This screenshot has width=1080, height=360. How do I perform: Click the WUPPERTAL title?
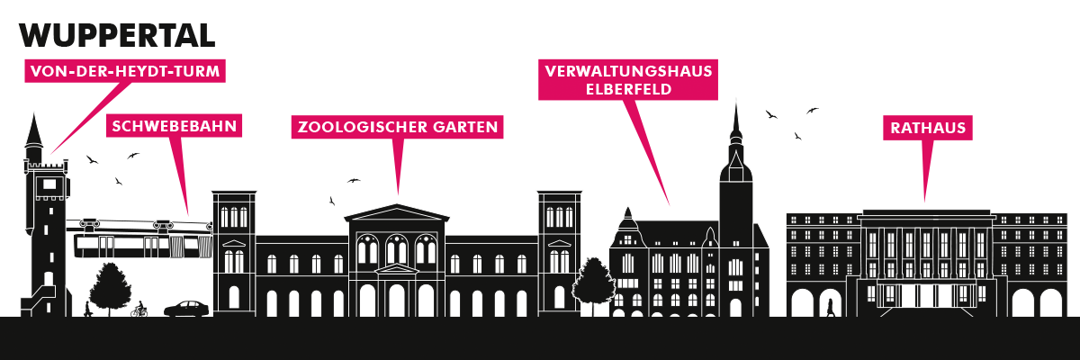117,35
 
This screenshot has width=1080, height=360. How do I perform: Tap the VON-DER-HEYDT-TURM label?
125,71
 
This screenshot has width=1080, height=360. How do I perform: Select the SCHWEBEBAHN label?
174,126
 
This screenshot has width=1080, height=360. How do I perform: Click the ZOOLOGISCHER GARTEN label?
397,127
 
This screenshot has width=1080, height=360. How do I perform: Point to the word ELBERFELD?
629,90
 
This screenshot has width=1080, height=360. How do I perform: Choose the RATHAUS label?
928,128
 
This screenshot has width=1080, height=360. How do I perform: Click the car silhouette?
187,309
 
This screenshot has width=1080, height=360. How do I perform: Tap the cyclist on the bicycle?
139,310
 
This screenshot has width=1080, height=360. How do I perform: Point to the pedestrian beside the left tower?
87,310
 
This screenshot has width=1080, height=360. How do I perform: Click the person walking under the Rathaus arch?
830,308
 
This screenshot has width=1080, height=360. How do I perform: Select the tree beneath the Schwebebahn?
111,288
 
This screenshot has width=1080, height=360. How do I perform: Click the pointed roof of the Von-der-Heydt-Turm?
34,131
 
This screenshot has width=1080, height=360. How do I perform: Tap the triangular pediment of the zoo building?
396,213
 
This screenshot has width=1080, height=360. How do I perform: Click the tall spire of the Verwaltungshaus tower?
736,121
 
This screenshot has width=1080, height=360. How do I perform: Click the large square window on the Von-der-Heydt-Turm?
49,184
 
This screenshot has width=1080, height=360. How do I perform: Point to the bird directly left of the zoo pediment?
332,201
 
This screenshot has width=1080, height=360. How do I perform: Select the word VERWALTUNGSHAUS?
629,71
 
